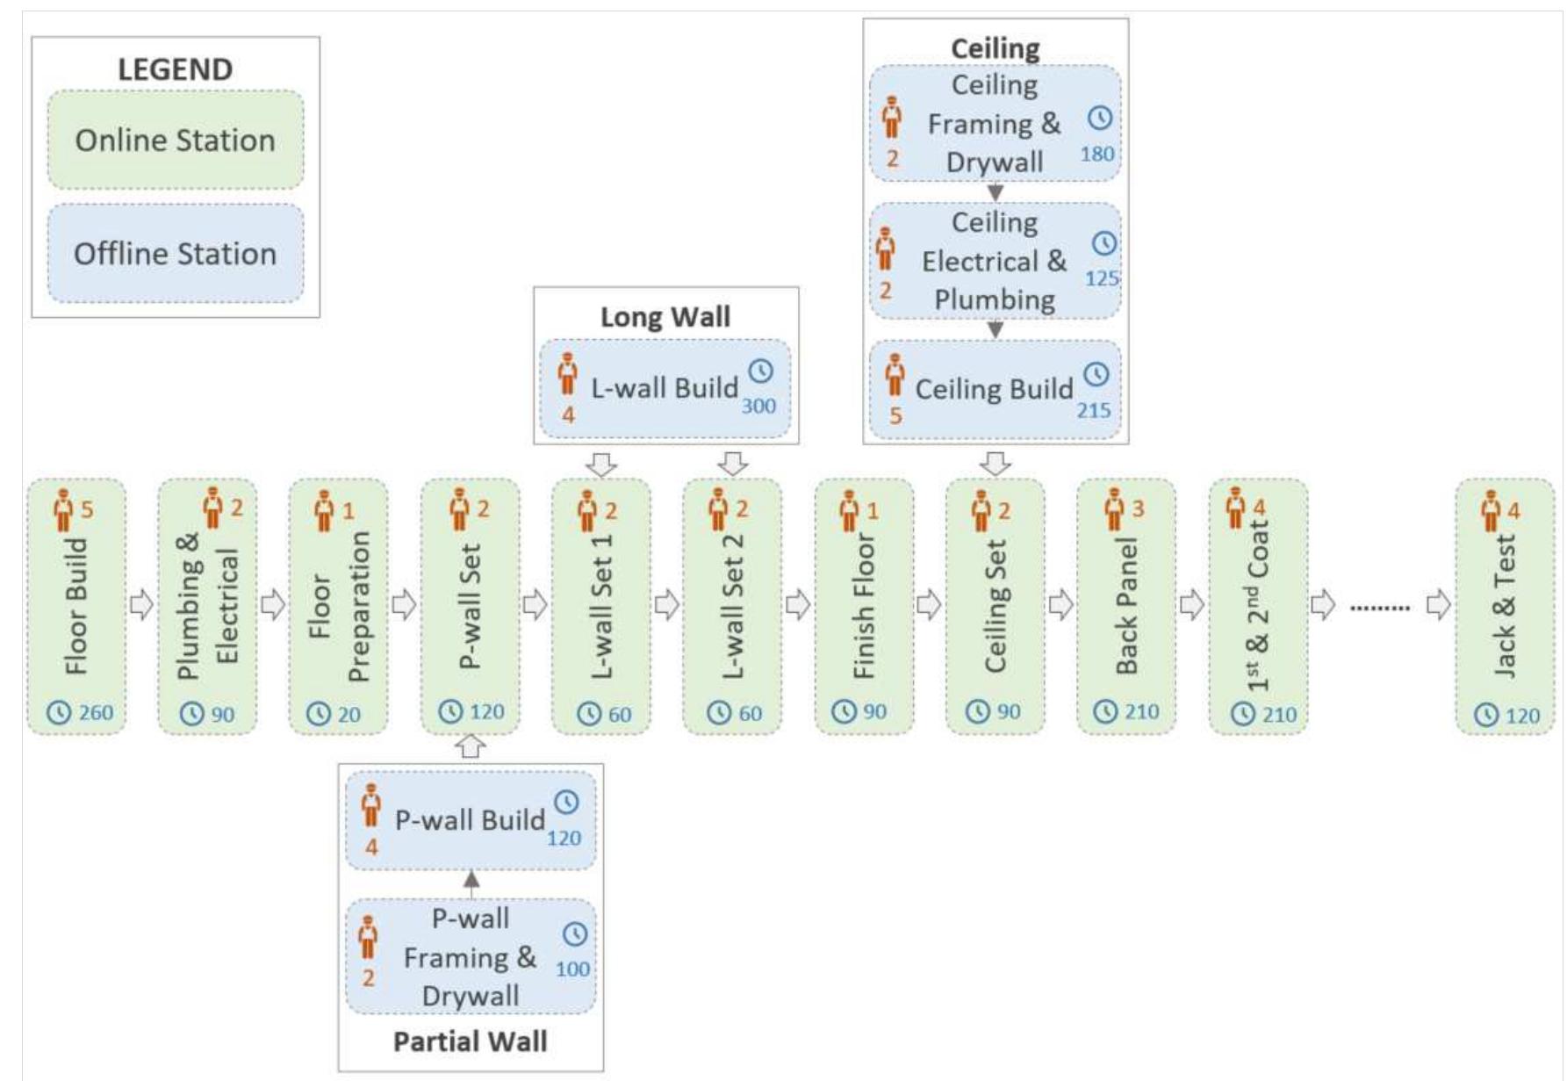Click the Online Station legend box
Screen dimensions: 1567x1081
pos(176,140)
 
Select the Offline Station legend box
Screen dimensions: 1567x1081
pos(176,254)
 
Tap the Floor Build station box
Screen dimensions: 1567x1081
pos(76,606)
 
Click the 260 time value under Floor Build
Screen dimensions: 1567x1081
pos(96,712)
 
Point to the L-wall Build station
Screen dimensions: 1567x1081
pos(665,389)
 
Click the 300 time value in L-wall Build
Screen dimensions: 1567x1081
pos(758,406)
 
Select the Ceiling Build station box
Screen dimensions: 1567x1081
pos(995,390)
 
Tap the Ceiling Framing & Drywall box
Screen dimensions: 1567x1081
pos(995,124)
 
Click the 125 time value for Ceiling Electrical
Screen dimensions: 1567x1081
pos(1102,278)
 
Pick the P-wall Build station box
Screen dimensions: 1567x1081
pos(471,820)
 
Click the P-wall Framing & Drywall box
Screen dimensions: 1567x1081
pos(471,956)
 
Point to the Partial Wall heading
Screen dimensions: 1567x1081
pos(471,1041)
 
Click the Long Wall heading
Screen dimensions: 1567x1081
pos(665,317)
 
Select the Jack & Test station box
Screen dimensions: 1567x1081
pos(1505,606)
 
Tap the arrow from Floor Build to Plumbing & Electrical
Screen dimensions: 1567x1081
pos(141,604)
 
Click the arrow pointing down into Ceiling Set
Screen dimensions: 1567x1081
pos(995,464)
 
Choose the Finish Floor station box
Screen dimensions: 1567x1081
pos(864,606)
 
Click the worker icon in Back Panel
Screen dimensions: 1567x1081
pos(1114,509)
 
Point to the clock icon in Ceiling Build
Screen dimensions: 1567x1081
pos(1096,375)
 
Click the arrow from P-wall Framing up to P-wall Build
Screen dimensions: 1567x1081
pos(471,884)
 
